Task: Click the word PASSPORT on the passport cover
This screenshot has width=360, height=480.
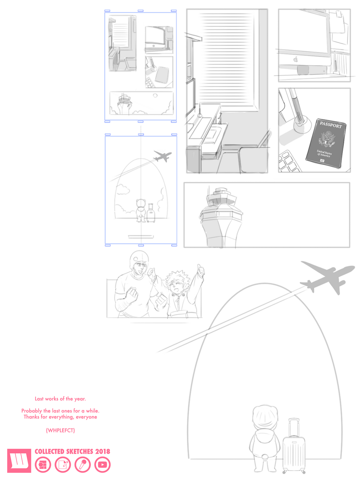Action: [x=331, y=125]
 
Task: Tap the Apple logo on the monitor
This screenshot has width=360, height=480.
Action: [x=296, y=59]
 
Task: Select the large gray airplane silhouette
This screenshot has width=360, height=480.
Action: [x=327, y=277]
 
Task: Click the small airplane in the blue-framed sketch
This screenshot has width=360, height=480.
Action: [x=162, y=156]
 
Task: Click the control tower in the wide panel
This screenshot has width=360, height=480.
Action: [x=221, y=217]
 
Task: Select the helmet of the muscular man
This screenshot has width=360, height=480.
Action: [x=139, y=259]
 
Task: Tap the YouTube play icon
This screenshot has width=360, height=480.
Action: [x=102, y=464]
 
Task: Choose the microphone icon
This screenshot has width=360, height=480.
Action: [x=82, y=464]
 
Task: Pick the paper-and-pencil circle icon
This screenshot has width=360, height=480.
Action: [x=63, y=464]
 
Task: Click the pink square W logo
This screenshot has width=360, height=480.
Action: [x=19, y=461]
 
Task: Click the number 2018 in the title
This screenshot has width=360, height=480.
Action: [x=103, y=452]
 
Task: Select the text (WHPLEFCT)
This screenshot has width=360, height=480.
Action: [x=60, y=430]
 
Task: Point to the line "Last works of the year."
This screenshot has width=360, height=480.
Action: [x=60, y=399]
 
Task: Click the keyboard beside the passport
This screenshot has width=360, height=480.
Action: [x=289, y=161]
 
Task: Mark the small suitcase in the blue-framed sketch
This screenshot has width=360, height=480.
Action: [x=150, y=213]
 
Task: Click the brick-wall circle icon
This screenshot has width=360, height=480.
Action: [x=43, y=464]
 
